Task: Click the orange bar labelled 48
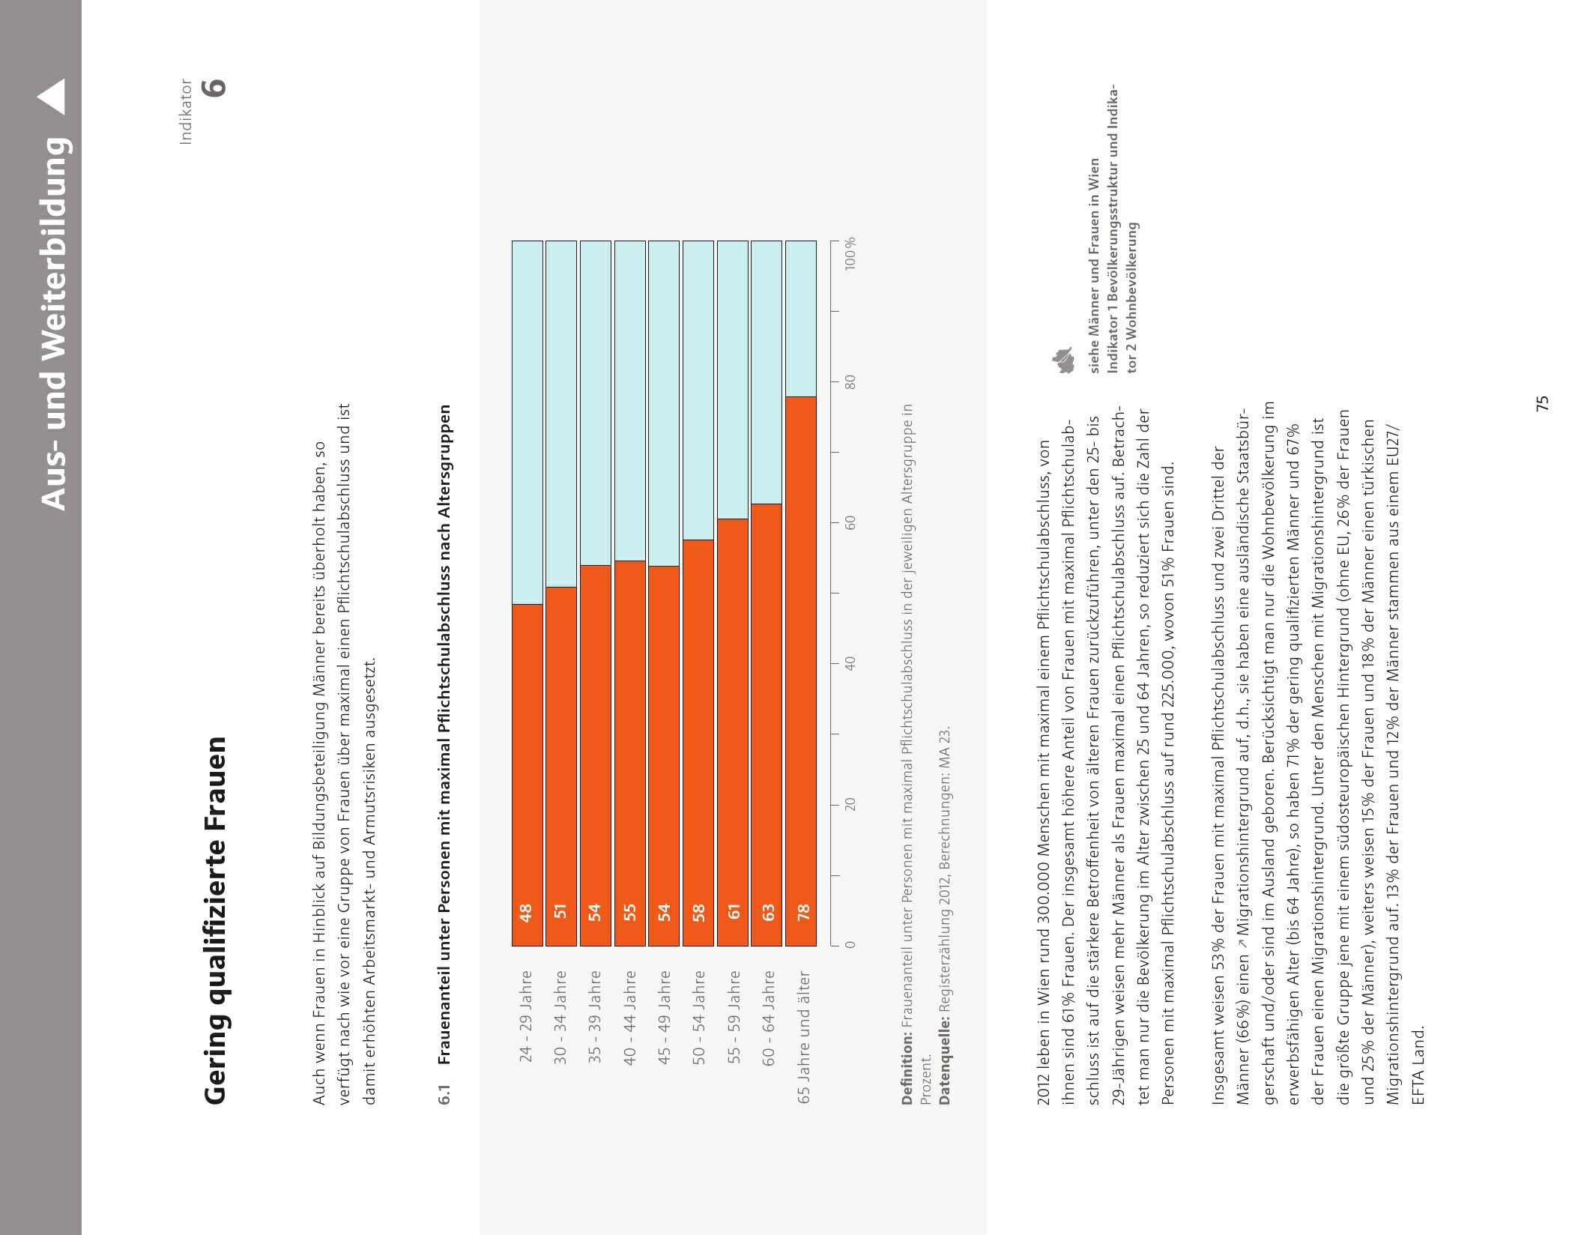528,774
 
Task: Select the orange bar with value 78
801,671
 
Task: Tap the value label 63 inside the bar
767,912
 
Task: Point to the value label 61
734,912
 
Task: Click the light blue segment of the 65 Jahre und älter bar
801,318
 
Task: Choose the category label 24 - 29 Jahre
526,1015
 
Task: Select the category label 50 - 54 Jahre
698,1015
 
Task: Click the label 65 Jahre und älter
803,1036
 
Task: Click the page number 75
1542,403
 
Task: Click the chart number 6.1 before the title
445,1093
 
